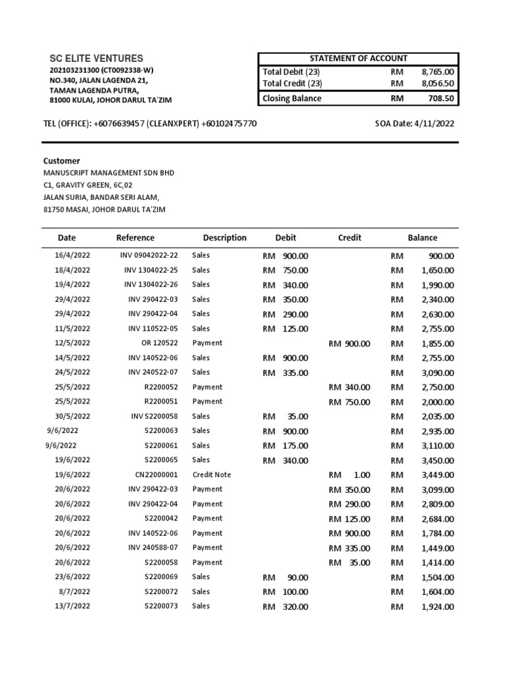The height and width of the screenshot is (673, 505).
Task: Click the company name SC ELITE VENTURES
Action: (x=97, y=58)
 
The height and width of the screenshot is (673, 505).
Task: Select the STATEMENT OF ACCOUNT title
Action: (x=358, y=58)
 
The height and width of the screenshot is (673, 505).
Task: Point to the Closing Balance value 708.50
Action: (x=439, y=99)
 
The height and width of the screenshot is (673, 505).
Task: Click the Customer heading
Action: (x=62, y=160)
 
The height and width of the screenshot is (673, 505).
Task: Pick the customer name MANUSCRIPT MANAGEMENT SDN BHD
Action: (x=108, y=173)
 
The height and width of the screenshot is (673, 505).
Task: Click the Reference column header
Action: (x=135, y=238)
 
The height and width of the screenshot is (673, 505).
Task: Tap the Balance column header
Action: (x=422, y=238)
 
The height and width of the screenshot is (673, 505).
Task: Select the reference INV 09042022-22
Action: (x=149, y=255)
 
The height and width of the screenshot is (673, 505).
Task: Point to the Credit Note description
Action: (x=212, y=475)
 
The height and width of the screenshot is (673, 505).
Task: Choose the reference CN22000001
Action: (x=152, y=475)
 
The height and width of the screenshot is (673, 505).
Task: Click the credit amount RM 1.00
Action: (x=349, y=475)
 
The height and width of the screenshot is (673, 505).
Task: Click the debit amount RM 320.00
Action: (x=285, y=607)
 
